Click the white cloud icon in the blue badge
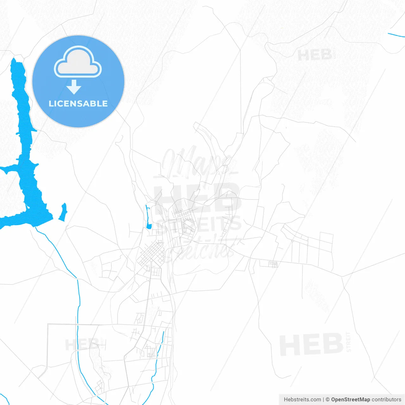[78, 62]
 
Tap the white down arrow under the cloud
[74, 87]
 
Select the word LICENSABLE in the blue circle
[78, 103]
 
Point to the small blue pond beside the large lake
[63, 212]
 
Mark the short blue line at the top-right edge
[396, 35]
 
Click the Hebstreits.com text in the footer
[302, 400]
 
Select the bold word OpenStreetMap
[350, 400]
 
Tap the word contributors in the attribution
[386, 400]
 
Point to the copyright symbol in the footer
[327, 400]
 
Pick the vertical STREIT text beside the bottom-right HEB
[348, 342]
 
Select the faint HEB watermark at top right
[315, 55]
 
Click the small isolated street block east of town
[273, 264]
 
